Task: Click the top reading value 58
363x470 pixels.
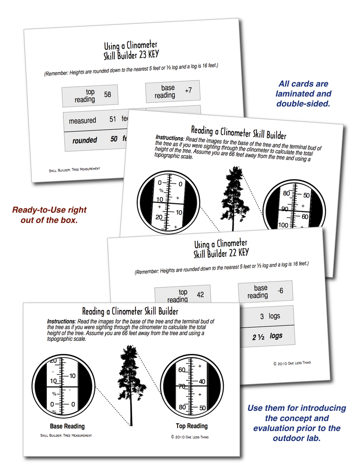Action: pyautogui.click(x=107, y=95)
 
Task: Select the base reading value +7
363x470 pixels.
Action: pyautogui.click(x=188, y=90)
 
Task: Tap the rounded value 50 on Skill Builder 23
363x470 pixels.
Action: pyautogui.click(x=114, y=139)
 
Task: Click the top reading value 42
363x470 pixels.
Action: pyautogui.click(x=200, y=294)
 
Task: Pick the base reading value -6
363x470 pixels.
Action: pyautogui.click(x=280, y=291)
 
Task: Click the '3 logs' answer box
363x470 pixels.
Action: pyautogui.click(x=269, y=316)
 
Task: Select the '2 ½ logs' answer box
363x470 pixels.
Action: pyautogui.click(x=267, y=336)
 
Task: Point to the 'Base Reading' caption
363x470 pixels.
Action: pyautogui.click(x=67, y=426)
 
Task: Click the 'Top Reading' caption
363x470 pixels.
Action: pyautogui.click(x=192, y=425)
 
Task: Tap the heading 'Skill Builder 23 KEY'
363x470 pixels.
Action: pyautogui.click(x=131, y=56)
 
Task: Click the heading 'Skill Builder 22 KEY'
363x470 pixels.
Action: pyautogui.click(x=221, y=252)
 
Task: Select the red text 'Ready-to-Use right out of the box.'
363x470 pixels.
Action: pyautogui.click(x=49, y=215)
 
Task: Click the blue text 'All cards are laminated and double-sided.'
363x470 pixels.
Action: pyautogui.click(x=303, y=94)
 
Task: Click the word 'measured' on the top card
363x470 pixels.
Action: pyautogui.click(x=82, y=121)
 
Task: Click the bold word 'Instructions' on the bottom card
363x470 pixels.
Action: pyautogui.click(x=61, y=321)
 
